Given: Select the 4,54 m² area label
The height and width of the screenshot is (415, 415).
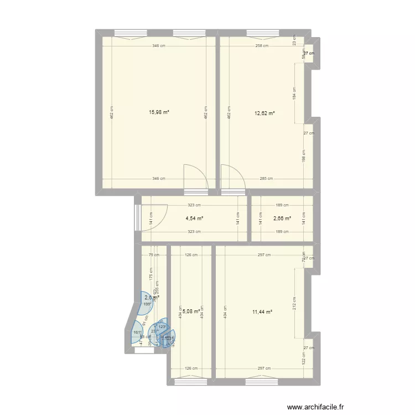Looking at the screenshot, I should coord(194,218).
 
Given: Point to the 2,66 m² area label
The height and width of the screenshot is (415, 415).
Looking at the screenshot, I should coord(283,218).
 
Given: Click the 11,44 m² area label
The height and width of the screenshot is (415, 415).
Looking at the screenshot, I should coord(262,312).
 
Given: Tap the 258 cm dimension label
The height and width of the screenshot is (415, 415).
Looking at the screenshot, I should coord(263,46).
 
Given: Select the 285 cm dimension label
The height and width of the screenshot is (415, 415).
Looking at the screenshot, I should coord(267,179).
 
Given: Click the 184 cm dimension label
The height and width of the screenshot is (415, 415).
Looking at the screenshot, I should coord(294,93).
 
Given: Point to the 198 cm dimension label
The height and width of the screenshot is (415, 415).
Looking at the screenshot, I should coord(303,157).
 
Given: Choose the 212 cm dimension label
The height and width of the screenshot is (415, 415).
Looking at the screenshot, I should coord(294,303).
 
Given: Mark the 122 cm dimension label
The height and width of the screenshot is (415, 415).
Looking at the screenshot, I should coord(303,359).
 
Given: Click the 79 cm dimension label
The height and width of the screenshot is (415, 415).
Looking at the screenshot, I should coord(154,255).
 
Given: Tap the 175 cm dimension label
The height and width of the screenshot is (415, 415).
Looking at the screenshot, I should coord(150,274).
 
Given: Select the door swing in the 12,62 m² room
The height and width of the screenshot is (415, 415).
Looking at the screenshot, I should coord(233,177).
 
